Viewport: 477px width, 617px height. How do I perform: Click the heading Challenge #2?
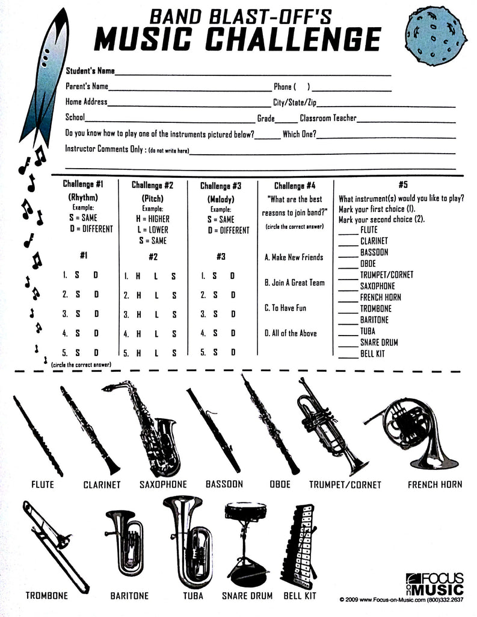(152, 186)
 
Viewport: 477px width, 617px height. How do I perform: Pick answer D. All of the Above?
(291, 333)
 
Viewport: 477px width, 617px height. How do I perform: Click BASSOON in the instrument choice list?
(374, 252)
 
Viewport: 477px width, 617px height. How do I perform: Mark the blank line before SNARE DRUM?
(348, 343)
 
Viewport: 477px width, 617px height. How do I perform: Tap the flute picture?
(37, 435)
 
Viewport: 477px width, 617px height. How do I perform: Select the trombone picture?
(54, 545)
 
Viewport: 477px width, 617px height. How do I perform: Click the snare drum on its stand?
(245, 542)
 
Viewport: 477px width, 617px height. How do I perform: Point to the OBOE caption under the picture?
(280, 484)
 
